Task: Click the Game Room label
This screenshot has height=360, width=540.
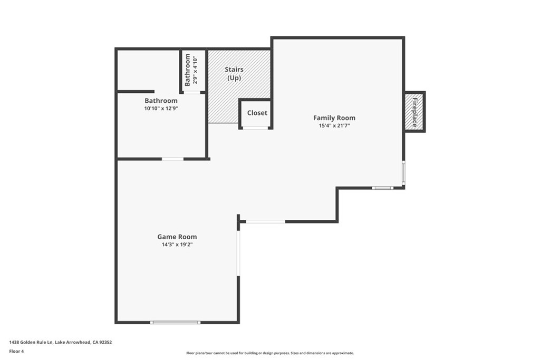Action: click(177, 237)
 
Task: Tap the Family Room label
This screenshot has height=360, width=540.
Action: click(334, 118)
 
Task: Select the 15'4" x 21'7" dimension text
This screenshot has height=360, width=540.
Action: click(334, 125)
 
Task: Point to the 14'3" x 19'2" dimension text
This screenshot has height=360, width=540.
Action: click(177, 245)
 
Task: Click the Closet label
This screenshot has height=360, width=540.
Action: click(257, 113)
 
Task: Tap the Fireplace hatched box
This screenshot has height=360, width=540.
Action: click(414, 112)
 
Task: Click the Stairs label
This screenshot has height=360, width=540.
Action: click(234, 70)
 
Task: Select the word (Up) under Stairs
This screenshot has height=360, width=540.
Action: click(234, 78)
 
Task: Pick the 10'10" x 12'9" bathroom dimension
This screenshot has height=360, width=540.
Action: click(161, 109)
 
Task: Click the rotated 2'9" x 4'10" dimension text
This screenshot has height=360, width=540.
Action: click(195, 70)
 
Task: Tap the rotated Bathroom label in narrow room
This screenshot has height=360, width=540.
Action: click(187, 70)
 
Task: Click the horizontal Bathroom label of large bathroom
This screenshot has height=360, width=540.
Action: click(161, 101)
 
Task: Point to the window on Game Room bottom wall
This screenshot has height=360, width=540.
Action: click(175, 323)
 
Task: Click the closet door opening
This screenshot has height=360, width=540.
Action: click(255, 128)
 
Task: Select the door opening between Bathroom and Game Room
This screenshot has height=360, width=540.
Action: click(172, 159)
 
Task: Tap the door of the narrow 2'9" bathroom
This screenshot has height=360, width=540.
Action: click(191, 92)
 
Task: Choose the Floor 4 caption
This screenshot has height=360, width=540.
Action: click(16, 352)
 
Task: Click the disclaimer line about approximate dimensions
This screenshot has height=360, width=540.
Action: click(270, 353)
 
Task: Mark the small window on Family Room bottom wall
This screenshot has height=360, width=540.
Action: click(382, 188)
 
